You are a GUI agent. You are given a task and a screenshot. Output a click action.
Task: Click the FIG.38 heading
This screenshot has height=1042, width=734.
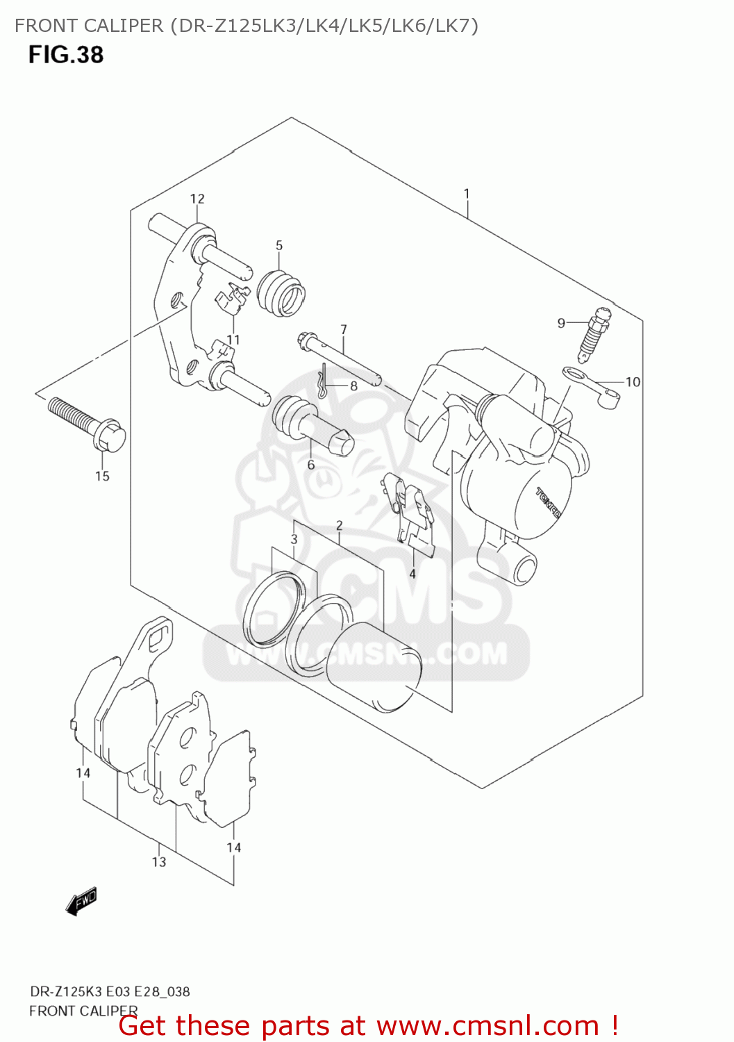pyautogui.click(x=66, y=55)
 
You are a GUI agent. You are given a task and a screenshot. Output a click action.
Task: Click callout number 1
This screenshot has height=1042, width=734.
pyautogui.click(x=467, y=194)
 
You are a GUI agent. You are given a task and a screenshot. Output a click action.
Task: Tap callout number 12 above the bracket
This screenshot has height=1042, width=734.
pyautogui.click(x=197, y=199)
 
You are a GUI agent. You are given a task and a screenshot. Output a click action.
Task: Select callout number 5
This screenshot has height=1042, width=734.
pyautogui.click(x=279, y=245)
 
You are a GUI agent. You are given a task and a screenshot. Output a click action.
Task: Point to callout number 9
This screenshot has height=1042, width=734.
pyautogui.click(x=561, y=323)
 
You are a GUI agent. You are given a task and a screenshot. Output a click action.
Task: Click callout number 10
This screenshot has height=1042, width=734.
pyautogui.click(x=633, y=382)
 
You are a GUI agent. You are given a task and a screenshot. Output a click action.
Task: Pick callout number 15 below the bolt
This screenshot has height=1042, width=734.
pyautogui.click(x=102, y=477)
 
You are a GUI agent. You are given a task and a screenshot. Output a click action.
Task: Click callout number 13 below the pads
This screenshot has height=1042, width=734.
pyautogui.click(x=159, y=862)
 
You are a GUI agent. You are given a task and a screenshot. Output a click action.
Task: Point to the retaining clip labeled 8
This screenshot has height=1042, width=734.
pyautogui.click(x=321, y=386)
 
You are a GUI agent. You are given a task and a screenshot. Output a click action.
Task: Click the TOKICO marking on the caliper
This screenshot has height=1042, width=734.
pyautogui.click(x=549, y=502)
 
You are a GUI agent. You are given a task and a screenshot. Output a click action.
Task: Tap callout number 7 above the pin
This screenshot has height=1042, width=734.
pyautogui.click(x=343, y=329)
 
